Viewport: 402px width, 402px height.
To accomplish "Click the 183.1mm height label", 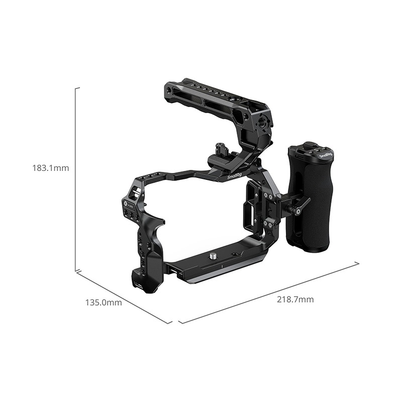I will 49,168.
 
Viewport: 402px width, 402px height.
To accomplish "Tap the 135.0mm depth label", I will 104,303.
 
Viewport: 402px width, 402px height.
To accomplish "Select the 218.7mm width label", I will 295,299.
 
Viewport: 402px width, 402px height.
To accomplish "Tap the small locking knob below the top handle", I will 219,149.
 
